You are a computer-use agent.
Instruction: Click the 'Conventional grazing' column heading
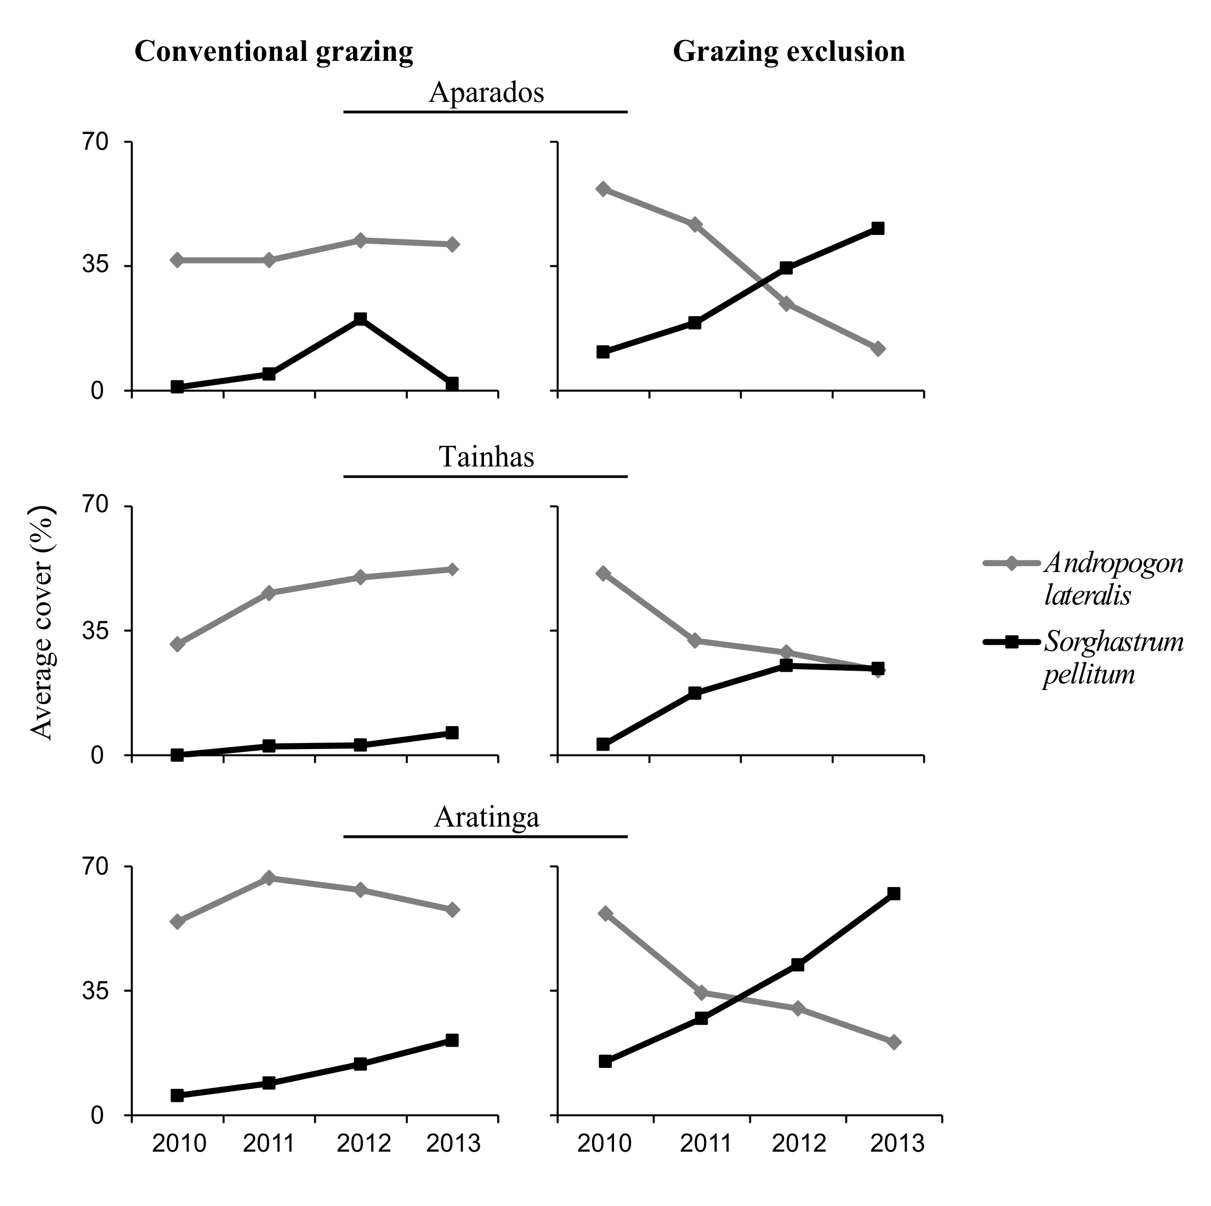click(x=274, y=52)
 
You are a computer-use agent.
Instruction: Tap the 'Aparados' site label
click(x=486, y=93)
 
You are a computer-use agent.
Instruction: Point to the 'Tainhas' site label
click(x=486, y=458)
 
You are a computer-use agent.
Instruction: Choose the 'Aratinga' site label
click(x=486, y=817)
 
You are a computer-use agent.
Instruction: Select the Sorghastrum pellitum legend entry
click(x=1083, y=658)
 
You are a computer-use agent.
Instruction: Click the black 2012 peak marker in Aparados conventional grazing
click(x=360, y=319)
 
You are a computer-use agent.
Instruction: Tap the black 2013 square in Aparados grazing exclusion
click(x=878, y=228)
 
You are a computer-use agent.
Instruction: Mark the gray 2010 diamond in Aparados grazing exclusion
click(x=603, y=189)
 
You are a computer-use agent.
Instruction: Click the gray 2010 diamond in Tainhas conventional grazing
click(x=178, y=644)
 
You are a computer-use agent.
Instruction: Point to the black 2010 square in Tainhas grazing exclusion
click(x=603, y=744)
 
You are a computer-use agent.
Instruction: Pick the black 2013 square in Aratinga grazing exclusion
click(x=894, y=893)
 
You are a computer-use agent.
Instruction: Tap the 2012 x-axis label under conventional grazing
click(x=363, y=1144)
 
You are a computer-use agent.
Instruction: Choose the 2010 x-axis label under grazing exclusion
click(x=604, y=1144)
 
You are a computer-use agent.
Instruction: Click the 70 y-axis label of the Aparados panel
click(x=96, y=143)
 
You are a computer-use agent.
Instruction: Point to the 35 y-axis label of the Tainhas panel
click(x=96, y=631)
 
